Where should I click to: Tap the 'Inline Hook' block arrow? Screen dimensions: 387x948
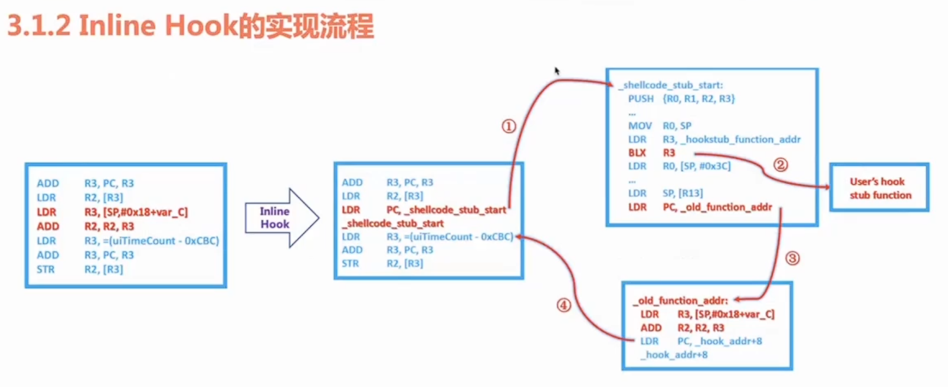[279, 218]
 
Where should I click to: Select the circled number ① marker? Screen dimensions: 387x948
[509, 127]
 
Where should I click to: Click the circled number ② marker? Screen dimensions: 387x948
[780, 165]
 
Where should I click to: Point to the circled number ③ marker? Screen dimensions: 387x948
[792, 259]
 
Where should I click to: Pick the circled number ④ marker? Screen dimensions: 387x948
[564, 306]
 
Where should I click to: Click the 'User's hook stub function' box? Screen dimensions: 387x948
[879, 188]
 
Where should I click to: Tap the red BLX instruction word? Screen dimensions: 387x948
[637, 153]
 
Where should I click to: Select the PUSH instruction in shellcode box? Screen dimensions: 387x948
[640, 99]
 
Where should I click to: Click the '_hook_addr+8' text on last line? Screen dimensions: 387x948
[676, 355]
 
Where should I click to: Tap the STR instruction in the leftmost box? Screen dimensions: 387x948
[46, 269]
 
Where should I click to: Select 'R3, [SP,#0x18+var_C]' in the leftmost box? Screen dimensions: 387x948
[136, 212]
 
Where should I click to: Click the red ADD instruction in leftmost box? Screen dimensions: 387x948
[48, 226]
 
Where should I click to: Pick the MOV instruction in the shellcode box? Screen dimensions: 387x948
[640, 126]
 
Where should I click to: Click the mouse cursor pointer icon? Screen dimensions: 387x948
[557, 71]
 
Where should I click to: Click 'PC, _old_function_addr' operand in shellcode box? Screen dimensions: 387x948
[717, 207]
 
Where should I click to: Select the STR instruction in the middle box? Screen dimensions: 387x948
[350, 263]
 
